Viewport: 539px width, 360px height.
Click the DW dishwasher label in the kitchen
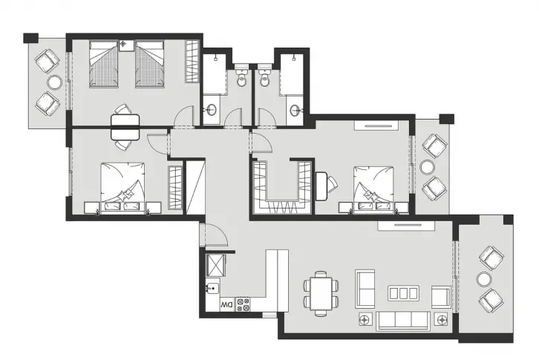[x=227, y=304]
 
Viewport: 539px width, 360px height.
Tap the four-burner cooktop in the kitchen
[x=243, y=304]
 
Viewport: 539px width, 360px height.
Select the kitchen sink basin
[x=212, y=288]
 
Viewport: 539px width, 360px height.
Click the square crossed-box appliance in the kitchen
[x=215, y=266]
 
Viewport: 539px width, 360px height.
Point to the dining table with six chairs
[x=321, y=294]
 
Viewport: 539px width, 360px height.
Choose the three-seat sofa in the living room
[x=403, y=321]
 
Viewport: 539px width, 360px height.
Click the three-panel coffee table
[x=404, y=293]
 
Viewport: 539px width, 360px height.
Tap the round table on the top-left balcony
[x=55, y=82]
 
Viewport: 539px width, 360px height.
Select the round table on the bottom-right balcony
[x=484, y=279]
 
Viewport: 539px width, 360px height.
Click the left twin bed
[x=104, y=64]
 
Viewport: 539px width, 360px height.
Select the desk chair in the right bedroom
[x=333, y=184]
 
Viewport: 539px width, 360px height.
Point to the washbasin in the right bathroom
[x=295, y=111]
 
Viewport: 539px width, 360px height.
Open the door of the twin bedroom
[x=184, y=117]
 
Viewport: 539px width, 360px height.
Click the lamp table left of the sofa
[x=365, y=319]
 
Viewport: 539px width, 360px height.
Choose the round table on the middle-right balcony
[x=428, y=168]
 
